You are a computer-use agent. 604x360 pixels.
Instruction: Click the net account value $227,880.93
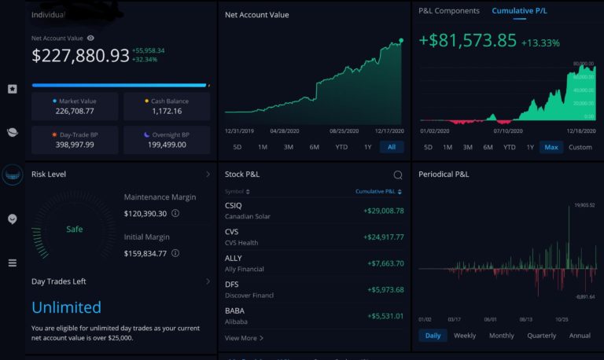[80, 55]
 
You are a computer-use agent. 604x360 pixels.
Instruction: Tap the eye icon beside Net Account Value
[91, 38]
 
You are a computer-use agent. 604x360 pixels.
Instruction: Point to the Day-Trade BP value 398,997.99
[75, 145]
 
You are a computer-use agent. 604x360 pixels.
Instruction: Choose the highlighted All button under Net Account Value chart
[392, 147]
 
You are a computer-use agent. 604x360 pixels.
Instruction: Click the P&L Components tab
[448, 11]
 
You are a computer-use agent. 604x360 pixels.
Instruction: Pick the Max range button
[551, 147]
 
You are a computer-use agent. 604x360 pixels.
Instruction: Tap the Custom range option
[580, 147]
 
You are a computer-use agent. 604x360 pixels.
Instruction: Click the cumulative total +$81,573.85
[467, 40]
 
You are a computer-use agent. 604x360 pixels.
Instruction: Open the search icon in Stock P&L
[398, 175]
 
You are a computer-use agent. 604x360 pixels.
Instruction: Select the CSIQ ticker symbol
[234, 205]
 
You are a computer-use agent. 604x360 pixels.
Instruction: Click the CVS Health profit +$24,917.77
[383, 237]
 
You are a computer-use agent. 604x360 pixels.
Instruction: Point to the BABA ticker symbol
[234, 310]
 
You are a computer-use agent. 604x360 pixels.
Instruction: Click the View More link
[244, 338]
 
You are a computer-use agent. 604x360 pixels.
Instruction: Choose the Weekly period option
[465, 336]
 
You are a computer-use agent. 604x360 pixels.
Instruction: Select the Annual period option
[580, 336]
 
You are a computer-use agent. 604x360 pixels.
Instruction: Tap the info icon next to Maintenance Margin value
[175, 213]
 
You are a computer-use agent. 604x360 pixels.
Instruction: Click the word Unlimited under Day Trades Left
[67, 307]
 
